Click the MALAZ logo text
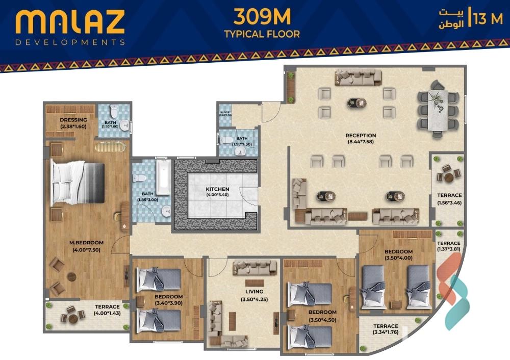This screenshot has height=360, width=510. (x=70, y=23)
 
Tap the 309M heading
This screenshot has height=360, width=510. (x=262, y=17)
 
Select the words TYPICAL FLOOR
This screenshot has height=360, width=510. (x=262, y=34)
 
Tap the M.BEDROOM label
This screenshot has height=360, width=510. (x=87, y=242)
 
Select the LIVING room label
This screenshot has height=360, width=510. (x=254, y=292)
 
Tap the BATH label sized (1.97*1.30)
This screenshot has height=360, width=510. (x=241, y=138)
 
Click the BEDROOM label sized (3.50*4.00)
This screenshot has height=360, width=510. (x=398, y=252)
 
